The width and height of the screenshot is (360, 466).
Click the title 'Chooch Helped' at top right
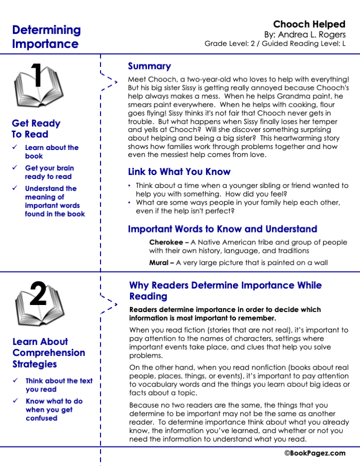(309, 24)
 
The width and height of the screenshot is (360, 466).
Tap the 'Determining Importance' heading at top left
(46, 36)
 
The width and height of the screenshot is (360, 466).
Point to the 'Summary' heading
(149, 66)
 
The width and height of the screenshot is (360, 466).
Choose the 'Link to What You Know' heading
(179, 172)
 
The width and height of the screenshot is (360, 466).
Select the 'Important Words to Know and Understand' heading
(222, 229)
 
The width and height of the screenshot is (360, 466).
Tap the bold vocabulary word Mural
(159, 262)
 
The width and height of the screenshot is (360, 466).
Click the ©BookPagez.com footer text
(315, 453)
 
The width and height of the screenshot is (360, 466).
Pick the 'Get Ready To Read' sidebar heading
(36, 128)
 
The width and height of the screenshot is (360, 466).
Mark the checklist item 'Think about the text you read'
(58, 385)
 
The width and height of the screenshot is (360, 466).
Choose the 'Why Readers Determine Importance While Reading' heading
(225, 290)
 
